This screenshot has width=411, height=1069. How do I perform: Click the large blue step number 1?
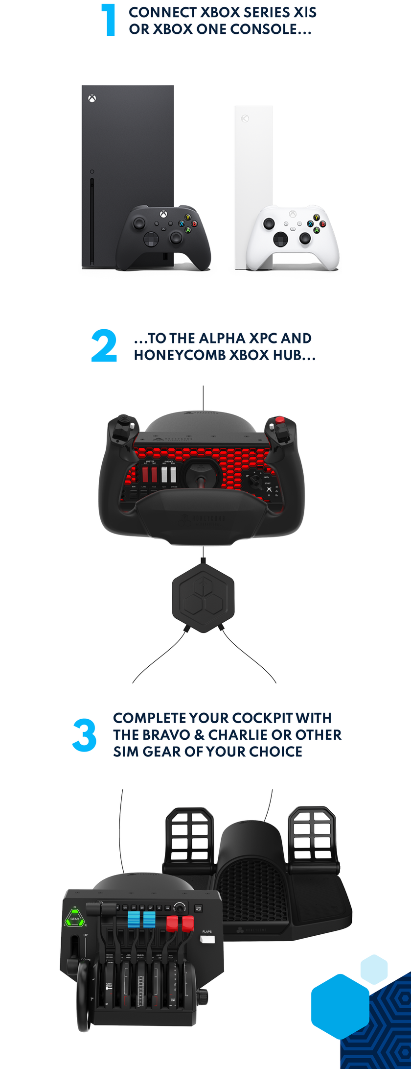[109, 20]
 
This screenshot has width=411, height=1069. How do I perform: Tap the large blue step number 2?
[104, 346]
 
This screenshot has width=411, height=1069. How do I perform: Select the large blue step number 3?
[84, 735]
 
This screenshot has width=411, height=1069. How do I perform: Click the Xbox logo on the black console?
[92, 98]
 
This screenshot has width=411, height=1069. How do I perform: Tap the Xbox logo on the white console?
[245, 119]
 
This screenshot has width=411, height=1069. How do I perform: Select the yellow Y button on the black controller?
[188, 217]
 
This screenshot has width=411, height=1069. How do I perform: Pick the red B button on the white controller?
[322, 224]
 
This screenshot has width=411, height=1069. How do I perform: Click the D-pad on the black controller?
[152, 240]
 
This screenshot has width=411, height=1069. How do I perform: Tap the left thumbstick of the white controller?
[269, 223]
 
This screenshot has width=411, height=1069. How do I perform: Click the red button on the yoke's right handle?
[279, 420]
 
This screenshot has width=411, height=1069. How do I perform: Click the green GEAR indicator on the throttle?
[74, 919]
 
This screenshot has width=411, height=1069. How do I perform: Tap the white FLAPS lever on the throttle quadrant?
[207, 939]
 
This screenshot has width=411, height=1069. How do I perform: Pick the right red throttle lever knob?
[188, 923]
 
